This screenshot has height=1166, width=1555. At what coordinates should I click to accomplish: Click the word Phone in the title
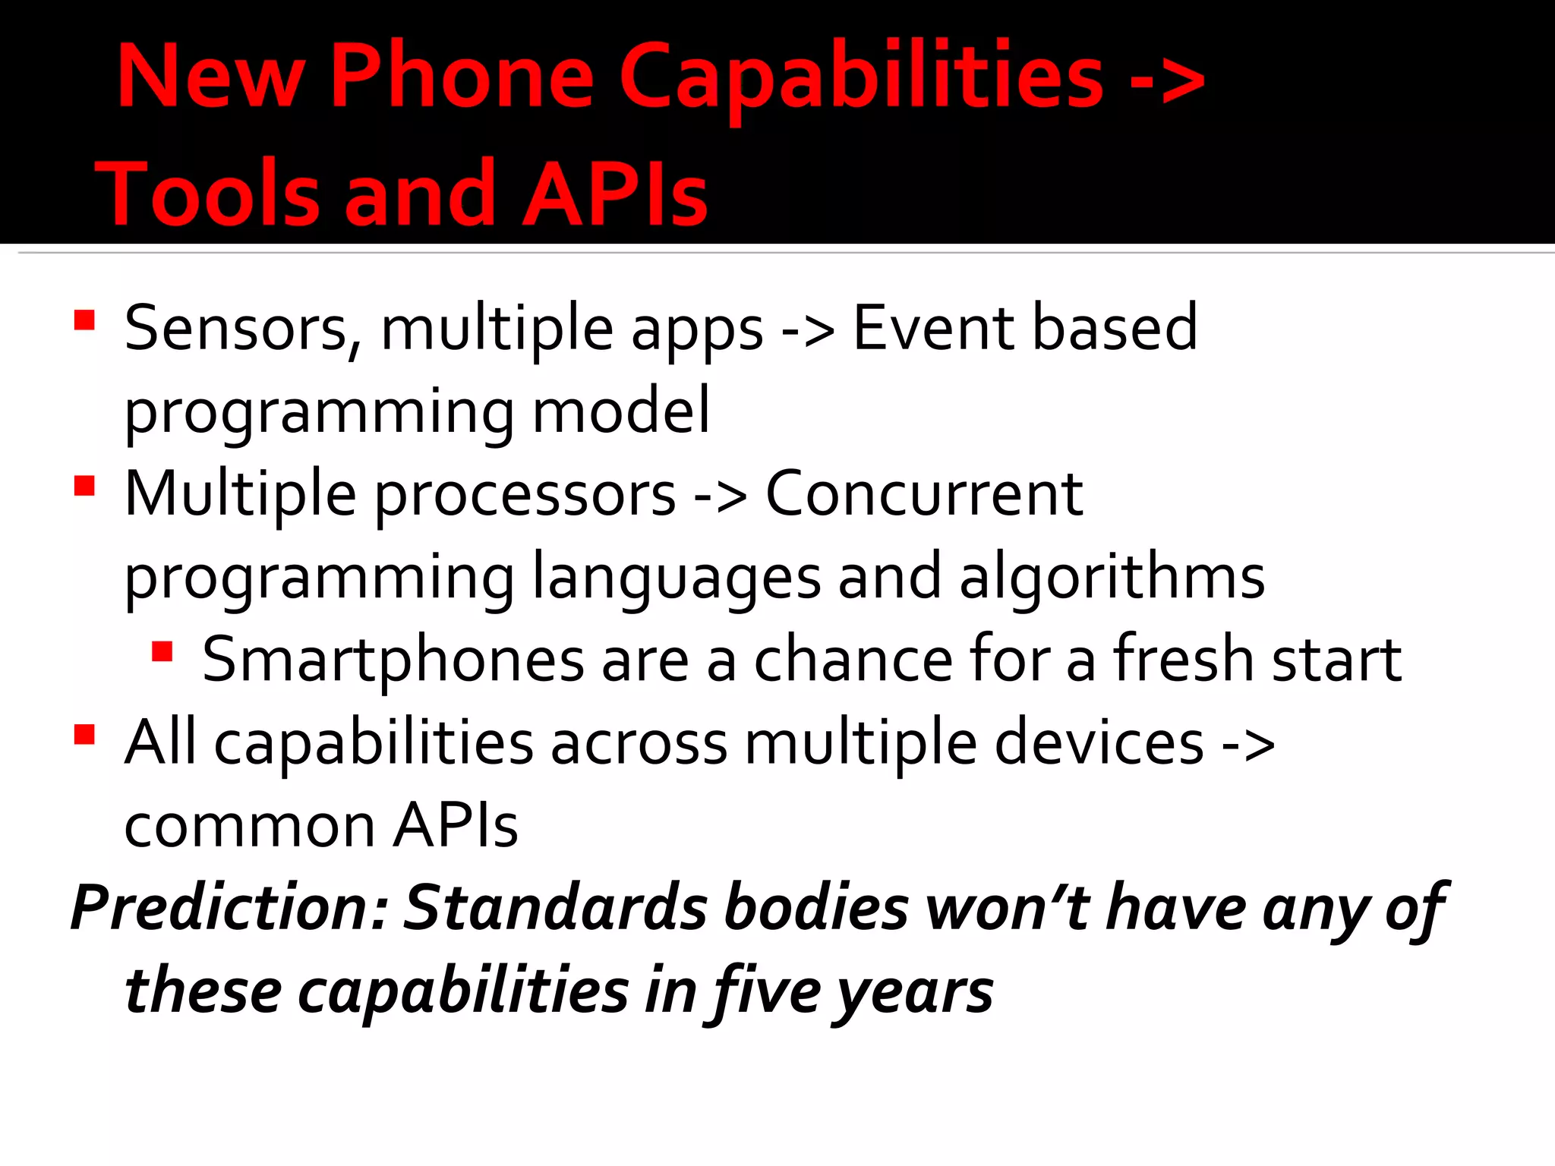tap(462, 76)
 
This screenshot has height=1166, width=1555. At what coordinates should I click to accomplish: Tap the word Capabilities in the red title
tap(861, 76)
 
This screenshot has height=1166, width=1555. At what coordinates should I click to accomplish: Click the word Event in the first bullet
tap(932, 328)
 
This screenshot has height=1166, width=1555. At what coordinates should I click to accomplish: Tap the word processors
tap(525, 494)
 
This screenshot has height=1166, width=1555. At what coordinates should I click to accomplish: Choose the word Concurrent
tap(924, 494)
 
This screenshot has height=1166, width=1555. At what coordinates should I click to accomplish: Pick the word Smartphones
tap(393, 660)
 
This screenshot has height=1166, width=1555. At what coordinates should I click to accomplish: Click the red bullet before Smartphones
tap(162, 651)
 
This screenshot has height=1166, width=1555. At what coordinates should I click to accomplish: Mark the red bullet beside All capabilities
tap(84, 734)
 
